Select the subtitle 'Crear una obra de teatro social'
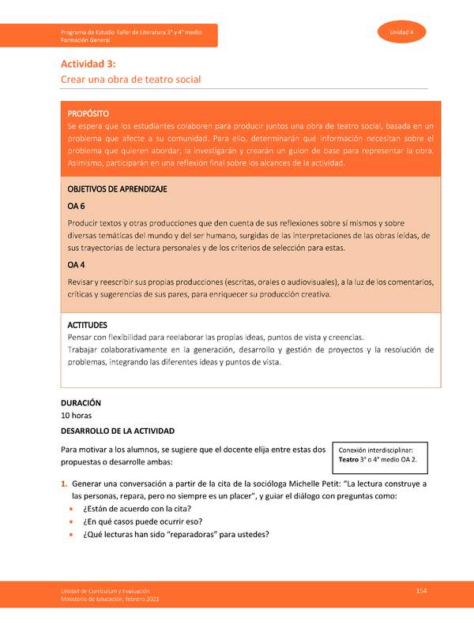(x=131, y=80)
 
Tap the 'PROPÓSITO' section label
(x=88, y=114)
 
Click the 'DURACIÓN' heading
(x=81, y=403)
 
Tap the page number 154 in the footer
(x=421, y=592)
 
